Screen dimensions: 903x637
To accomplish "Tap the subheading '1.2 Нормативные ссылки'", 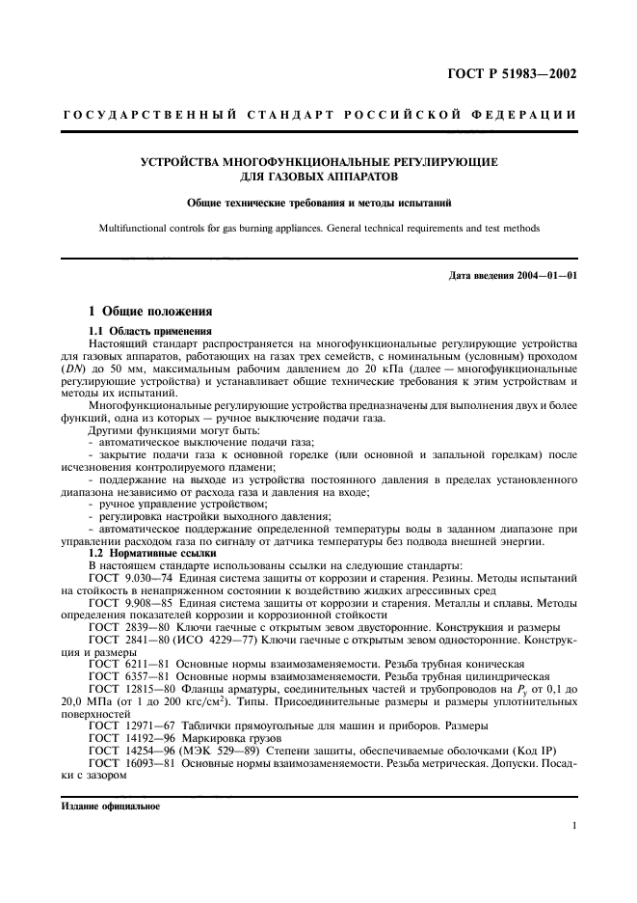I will pyautogui.click(x=145, y=553).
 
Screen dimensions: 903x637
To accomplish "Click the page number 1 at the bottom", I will pyautogui.click(x=573, y=826).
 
